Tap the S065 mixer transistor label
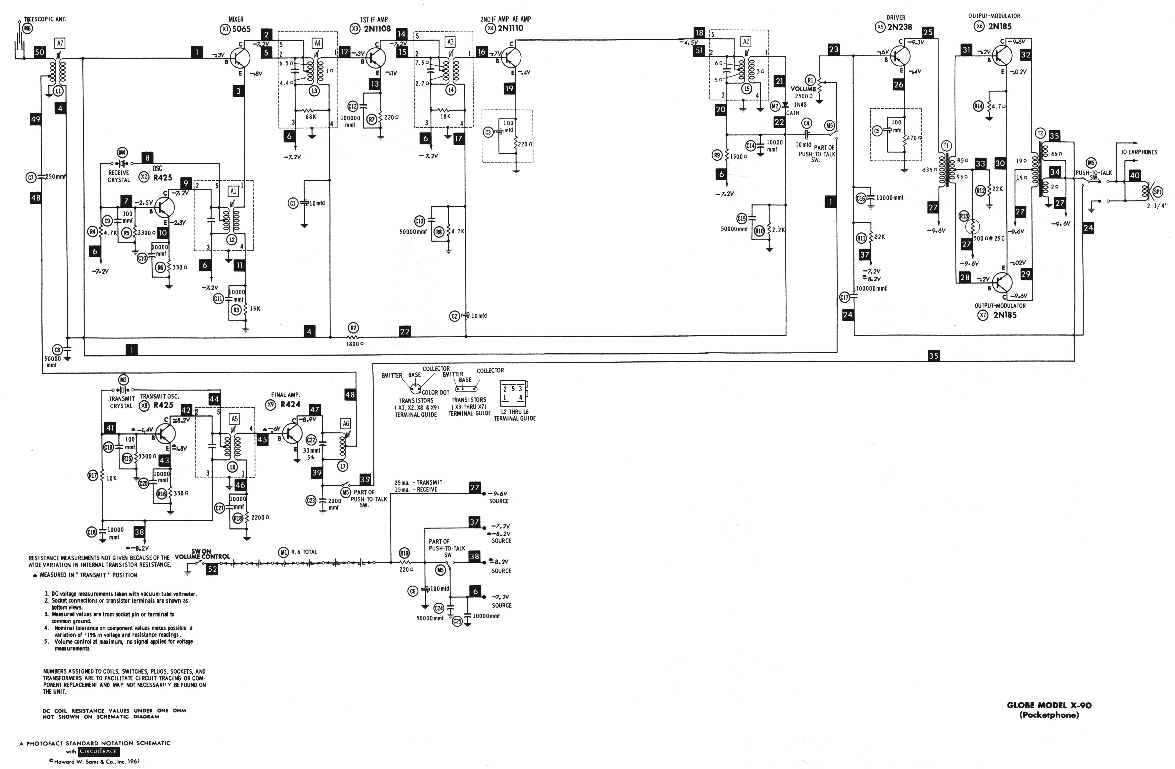click(241, 29)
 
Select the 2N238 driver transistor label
click(899, 27)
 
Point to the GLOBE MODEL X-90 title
click(1049, 705)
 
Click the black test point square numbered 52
click(212, 569)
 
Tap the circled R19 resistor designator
click(404, 554)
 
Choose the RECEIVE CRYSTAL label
click(118, 176)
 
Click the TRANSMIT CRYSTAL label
click(121, 402)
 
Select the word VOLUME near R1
click(803, 89)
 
